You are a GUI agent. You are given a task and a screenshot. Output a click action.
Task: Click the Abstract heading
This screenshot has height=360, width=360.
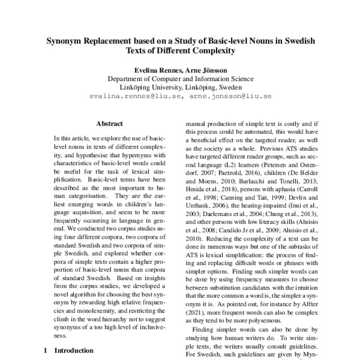tap(109, 123)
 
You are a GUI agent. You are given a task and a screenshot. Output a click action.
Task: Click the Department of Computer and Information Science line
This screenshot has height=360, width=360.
tap(180, 79)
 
